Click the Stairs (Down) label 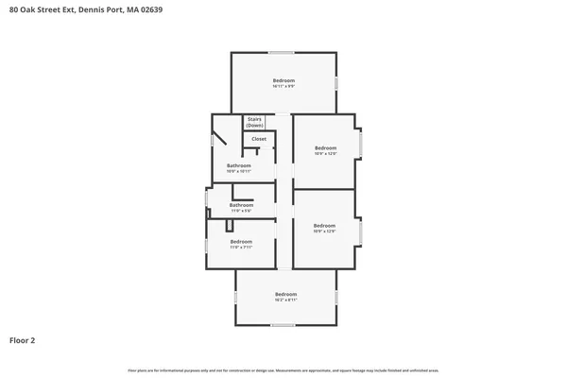[254, 123]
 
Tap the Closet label [258, 139]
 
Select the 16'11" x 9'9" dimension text [284, 86]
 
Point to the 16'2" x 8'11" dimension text [286, 300]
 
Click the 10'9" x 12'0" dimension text [325, 154]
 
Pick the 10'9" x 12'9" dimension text [324, 232]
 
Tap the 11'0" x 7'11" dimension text [241, 248]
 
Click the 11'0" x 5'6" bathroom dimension [241, 211]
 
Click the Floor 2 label [23, 339]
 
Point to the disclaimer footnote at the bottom [283, 369]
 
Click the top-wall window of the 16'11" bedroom [282, 51]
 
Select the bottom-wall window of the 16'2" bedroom [283, 326]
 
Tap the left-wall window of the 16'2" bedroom [235, 297]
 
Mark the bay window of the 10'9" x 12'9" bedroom [359, 232]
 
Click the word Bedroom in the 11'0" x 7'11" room [241, 241]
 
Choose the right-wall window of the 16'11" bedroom [336, 83]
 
